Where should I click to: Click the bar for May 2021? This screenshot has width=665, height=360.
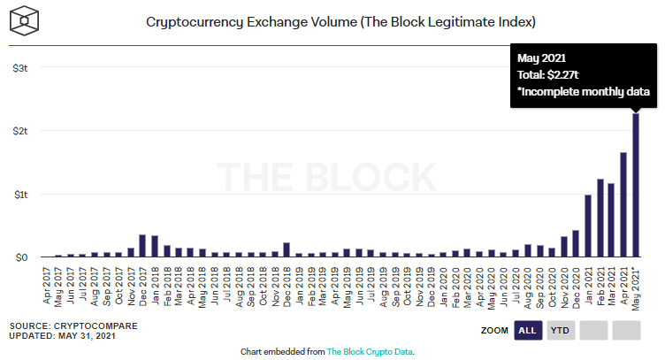pos(635,185)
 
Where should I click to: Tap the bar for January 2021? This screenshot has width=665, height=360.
pos(587,226)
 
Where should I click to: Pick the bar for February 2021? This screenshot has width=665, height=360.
pos(600,218)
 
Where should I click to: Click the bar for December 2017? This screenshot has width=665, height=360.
pos(142,246)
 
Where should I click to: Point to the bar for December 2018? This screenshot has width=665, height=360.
pos(287,249)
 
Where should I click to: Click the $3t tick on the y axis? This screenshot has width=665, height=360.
pos(20,67)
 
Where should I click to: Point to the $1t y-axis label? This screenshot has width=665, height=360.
pos(20,194)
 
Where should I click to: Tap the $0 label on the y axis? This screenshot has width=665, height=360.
pos(21,257)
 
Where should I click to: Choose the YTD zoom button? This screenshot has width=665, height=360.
pos(560,331)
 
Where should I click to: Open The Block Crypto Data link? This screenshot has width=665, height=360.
pos(370,351)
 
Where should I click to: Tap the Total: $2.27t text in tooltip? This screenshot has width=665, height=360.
pos(551,74)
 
